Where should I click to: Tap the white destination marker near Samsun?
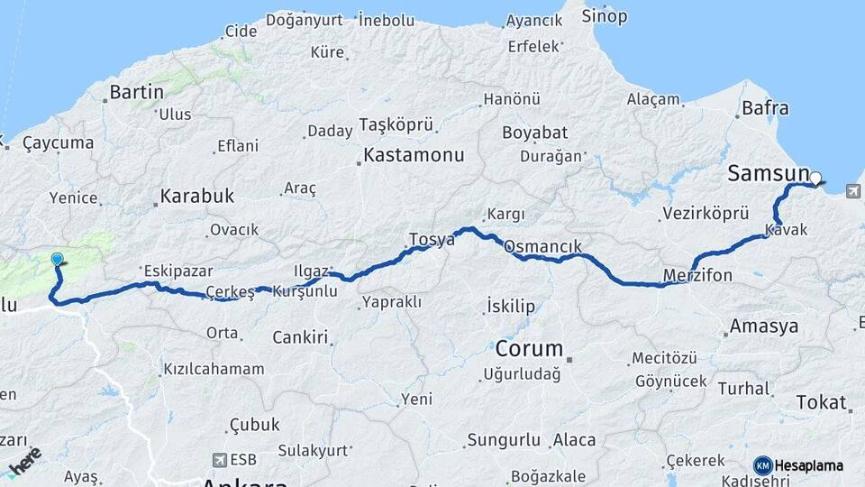815,179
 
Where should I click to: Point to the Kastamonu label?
414,155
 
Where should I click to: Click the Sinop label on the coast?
604,15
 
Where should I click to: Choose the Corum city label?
529,348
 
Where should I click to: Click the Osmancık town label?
542,246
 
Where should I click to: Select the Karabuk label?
196,196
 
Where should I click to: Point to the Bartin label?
136,92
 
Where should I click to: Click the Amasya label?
764,326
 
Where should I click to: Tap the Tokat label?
821,402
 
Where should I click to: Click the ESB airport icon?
219,459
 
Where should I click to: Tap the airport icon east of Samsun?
853,190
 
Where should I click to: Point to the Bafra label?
765,109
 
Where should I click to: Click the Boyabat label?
535,133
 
